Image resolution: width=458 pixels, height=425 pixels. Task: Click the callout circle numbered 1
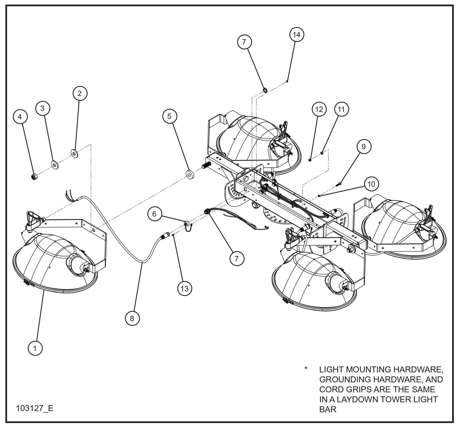click(x=35, y=348)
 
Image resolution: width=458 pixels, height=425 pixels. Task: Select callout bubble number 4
click(x=20, y=117)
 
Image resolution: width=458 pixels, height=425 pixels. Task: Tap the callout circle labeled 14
click(x=296, y=35)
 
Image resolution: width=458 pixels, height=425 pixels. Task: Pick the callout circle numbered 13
click(x=184, y=288)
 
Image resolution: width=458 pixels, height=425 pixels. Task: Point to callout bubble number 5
click(x=170, y=116)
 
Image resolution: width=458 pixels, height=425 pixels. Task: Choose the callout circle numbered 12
click(x=319, y=109)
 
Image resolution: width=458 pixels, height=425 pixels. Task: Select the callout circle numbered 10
click(x=371, y=184)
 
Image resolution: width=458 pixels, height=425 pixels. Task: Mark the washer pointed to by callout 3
click(x=55, y=165)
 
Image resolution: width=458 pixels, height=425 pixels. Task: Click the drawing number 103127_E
click(x=35, y=408)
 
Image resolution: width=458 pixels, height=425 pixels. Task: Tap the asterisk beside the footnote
click(x=306, y=369)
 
